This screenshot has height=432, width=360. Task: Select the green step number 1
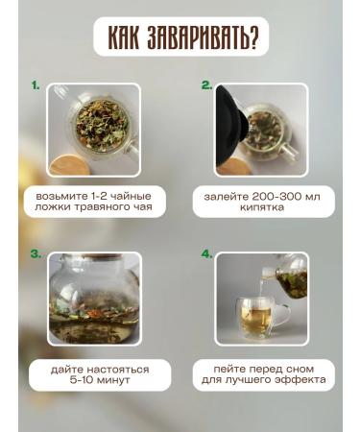[x=36, y=85]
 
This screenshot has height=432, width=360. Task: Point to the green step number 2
[x=206, y=85]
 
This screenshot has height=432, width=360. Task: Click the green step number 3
[x=36, y=254]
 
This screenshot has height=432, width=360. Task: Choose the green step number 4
[x=206, y=254]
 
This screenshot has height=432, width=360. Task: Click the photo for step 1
[x=93, y=130]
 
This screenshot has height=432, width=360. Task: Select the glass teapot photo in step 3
[x=93, y=299]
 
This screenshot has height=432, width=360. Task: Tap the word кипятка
[x=262, y=206]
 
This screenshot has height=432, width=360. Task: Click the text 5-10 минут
[x=93, y=380]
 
